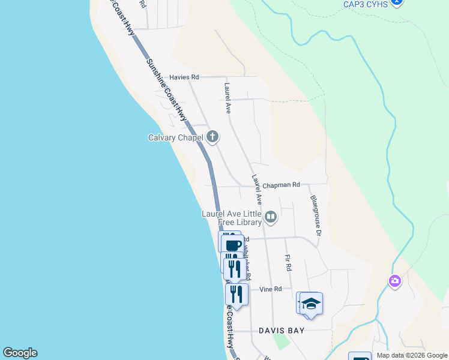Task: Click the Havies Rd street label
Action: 184,77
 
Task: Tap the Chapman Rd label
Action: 281,185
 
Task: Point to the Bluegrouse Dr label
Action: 316,214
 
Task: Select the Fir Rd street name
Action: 288,263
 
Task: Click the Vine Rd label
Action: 271,289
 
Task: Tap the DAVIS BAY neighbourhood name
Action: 282,331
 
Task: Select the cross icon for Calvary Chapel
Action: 212,137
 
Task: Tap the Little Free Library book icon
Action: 271,217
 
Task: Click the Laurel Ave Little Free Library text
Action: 232,218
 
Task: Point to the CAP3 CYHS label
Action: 366,4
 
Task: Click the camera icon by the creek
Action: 394,280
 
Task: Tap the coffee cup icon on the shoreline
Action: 233,244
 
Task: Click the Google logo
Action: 20,353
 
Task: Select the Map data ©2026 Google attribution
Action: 412,356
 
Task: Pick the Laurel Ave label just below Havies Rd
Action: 228,98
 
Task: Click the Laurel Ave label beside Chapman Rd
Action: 257,189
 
